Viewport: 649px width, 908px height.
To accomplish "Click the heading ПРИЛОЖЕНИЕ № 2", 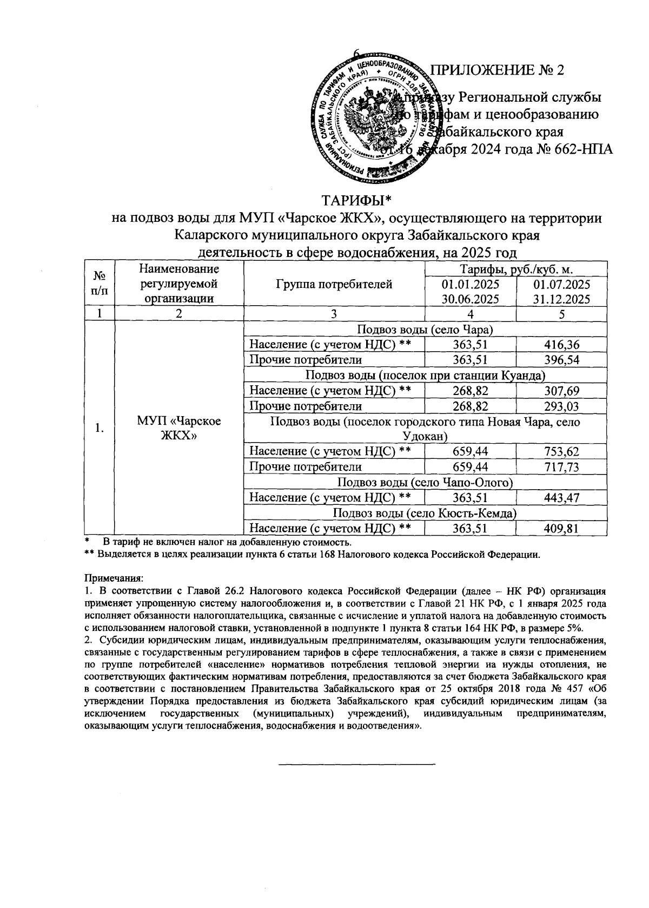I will coord(496,71).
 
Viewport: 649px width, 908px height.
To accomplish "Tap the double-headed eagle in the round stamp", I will coord(371,115).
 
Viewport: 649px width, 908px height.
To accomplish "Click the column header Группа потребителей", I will coord(334,284).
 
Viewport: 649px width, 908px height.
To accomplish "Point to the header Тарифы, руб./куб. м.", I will coord(516,269).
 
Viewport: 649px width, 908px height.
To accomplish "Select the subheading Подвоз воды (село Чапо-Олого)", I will coord(425,482).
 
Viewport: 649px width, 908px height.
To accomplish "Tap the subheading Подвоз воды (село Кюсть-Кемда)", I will coord(425,512).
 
